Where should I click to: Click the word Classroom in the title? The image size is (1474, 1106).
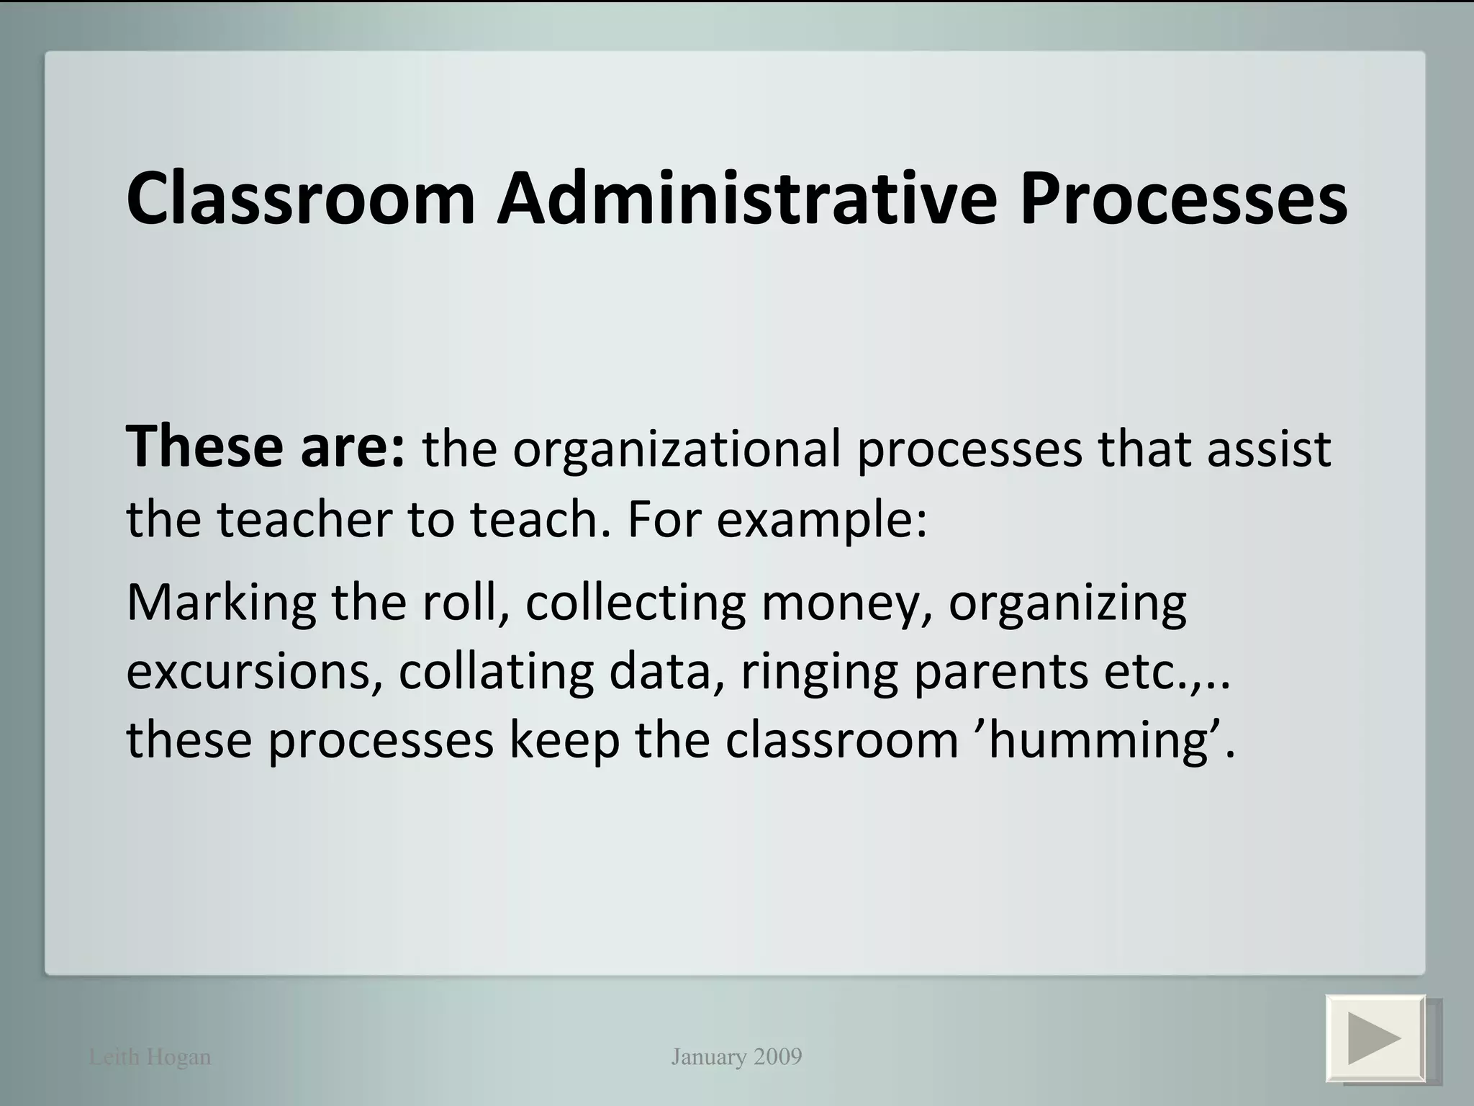301,198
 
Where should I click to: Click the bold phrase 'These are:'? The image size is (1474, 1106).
266,447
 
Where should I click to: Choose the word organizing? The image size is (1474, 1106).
1067,604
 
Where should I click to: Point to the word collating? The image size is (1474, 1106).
496,672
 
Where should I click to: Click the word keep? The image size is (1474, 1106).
564,741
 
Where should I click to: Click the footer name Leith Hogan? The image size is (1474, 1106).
150,1057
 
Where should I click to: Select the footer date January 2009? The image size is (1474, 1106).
736,1057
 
